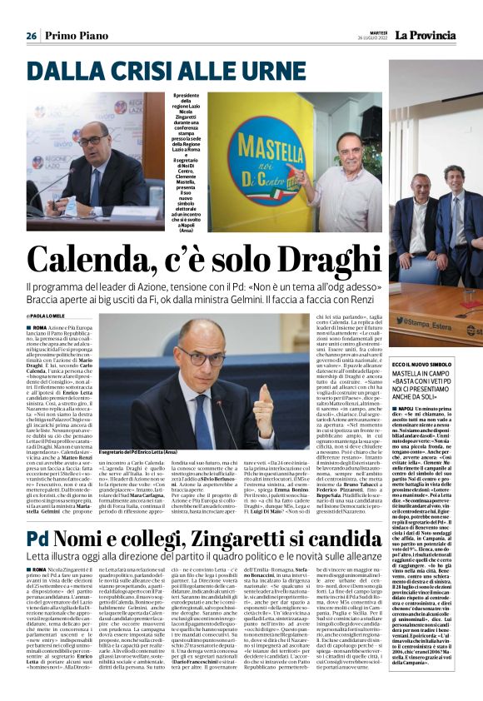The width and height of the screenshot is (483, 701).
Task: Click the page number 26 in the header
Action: tap(31, 36)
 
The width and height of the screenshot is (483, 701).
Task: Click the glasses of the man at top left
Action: tap(90, 138)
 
